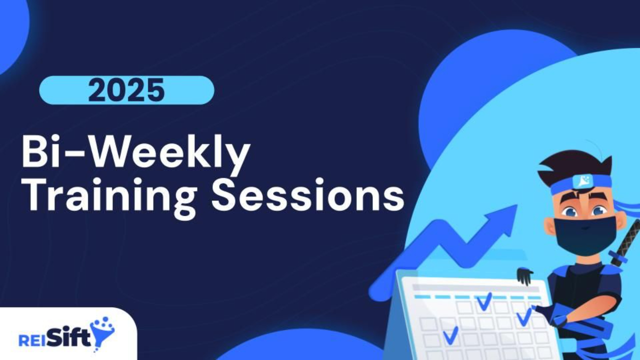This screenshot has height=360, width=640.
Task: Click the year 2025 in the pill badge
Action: tap(126, 90)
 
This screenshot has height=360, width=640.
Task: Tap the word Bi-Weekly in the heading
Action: tap(136, 154)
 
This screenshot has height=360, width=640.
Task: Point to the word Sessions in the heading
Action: tap(307, 194)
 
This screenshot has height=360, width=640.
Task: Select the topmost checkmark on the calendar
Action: tap(483, 301)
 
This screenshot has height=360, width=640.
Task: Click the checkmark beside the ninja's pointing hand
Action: tap(523, 317)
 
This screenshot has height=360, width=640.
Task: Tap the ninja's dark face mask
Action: tap(584, 235)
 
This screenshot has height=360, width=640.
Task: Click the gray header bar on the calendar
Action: tap(475, 288)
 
